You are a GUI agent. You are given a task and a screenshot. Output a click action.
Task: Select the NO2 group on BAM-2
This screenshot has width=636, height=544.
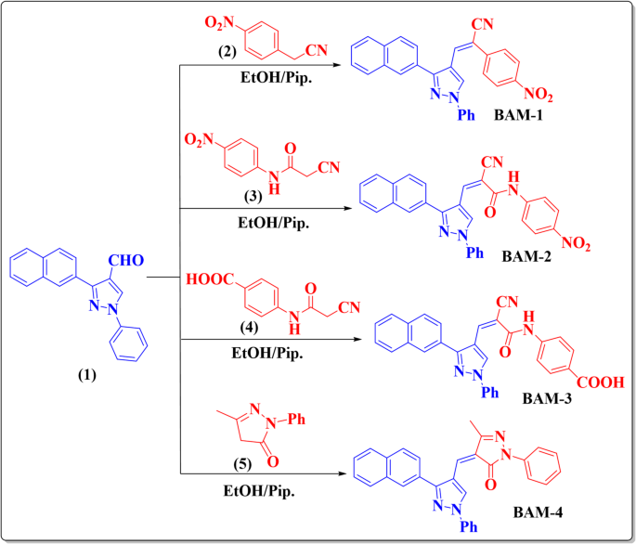click(584, 245)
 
